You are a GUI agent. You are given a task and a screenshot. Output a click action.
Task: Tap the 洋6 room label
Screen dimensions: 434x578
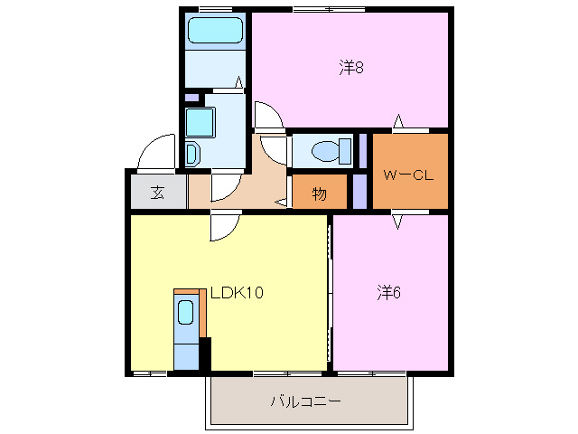(389, 292)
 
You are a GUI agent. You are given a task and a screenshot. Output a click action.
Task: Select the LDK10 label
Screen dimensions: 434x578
(237, 292)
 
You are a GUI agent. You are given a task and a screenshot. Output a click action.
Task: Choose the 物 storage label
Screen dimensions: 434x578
(320, 193)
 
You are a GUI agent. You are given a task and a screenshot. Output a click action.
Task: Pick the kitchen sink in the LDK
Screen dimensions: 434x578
(185, 313)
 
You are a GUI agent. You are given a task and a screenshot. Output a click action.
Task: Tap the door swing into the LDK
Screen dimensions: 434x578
(224, 227)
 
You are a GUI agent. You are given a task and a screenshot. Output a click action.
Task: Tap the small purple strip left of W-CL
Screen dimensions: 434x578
(359, 190)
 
